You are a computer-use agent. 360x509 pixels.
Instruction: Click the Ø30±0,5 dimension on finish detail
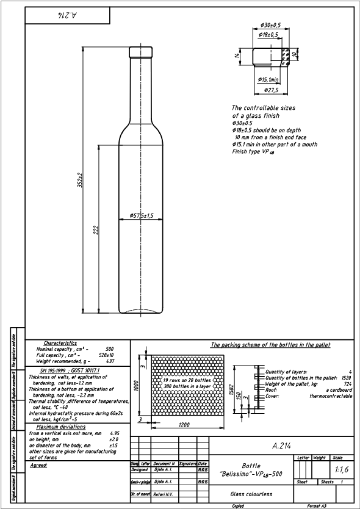[270, 25]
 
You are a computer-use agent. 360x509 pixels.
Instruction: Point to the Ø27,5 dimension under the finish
[270, 90]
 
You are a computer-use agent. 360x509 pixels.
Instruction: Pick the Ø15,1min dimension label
[268, 79]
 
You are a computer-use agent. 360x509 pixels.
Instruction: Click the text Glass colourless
[251, 494]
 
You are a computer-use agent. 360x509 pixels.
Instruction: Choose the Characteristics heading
[60, 344]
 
